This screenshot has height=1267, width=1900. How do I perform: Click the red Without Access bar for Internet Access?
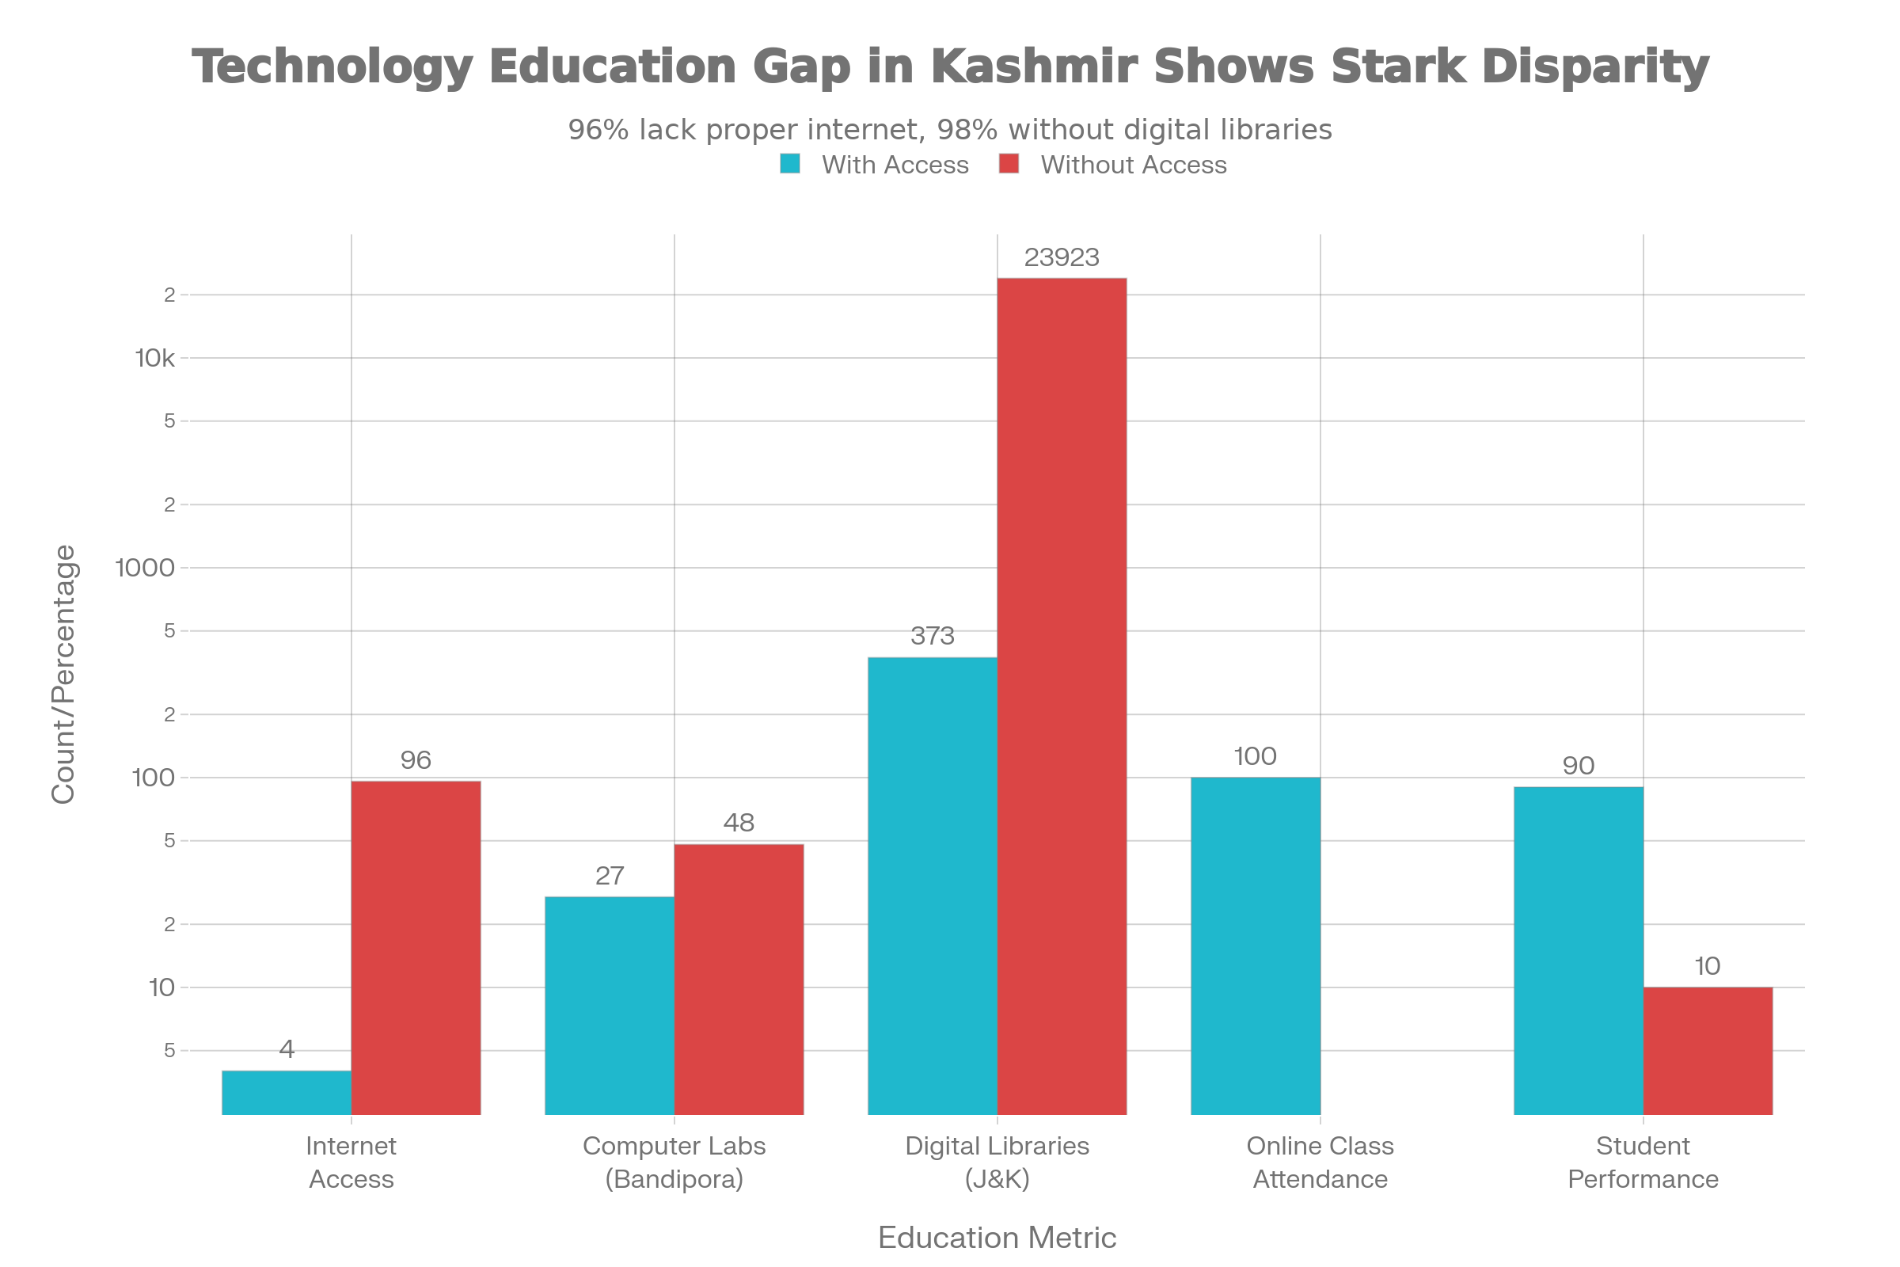click(416, 947)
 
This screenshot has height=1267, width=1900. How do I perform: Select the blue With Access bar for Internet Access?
click(286, 1092)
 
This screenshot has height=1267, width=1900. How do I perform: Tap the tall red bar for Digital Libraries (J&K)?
click(1062, 695)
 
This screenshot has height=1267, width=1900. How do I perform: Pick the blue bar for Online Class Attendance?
click(1255, 945)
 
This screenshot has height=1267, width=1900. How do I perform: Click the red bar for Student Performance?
click(1708, 1051)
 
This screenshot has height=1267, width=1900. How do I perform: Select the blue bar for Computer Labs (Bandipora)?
click(609, 1004)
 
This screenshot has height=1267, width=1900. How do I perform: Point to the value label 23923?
click(1062, 258)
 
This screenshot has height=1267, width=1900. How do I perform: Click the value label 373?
click(933, 637)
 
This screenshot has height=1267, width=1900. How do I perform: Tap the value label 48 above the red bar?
click(739, 823)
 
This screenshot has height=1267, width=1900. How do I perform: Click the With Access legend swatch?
click(790, 165)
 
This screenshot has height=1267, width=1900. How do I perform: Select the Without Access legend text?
click(1134, 165)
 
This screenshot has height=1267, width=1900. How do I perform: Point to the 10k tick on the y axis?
click(154, 358)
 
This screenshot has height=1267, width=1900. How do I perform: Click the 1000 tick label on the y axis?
click(146, 568)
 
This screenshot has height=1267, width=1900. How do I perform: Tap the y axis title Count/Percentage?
click(63, 675)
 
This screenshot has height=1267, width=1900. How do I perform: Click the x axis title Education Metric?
click(997, 1238)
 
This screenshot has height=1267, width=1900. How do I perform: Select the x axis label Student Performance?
click(1642, 1162)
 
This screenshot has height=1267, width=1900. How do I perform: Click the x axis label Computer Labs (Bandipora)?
click(674, 1162)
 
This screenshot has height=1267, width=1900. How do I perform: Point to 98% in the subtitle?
click(968, 130)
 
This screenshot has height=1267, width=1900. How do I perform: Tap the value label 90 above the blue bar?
click(1578, 765)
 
